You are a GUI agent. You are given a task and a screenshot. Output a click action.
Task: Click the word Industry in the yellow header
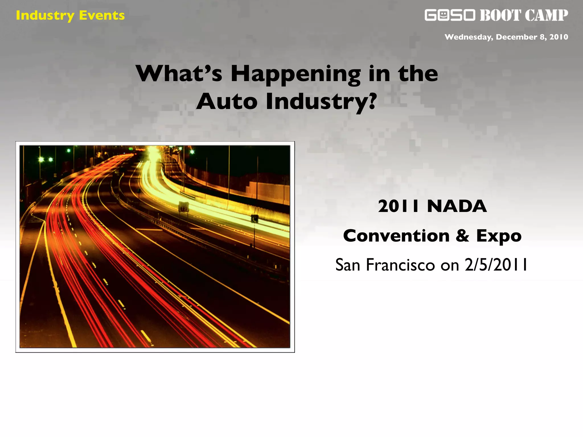coord(45,16)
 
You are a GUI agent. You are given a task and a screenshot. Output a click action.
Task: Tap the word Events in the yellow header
coord(102,16)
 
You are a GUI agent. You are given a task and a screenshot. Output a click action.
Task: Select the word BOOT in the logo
coord(500,15)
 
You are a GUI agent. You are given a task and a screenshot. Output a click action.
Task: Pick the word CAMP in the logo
coord(546,15)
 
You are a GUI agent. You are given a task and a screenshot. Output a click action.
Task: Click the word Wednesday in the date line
coord(469,37)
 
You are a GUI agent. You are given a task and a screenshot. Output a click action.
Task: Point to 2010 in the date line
coord(559,37)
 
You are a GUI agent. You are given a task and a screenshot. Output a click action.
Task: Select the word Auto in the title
coord(227,102)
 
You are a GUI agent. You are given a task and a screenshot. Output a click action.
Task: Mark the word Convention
coord(396,236)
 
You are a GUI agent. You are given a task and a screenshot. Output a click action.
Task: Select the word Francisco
coord(400,265)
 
